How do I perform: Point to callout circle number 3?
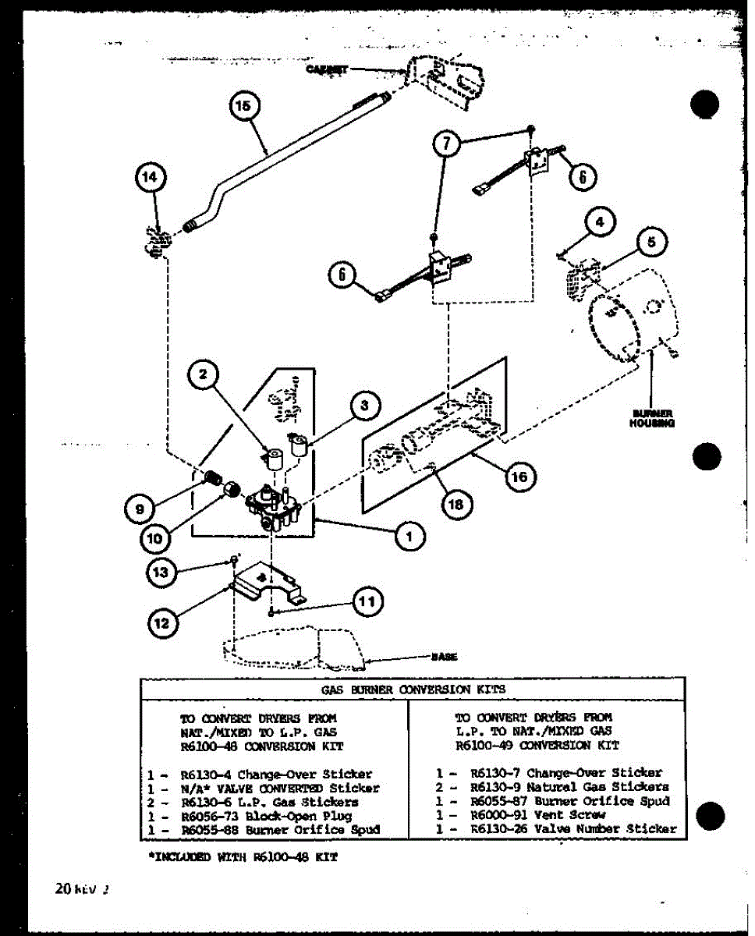(363, 405)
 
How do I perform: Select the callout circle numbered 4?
(598, 222)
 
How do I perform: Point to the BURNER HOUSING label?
(652, 418)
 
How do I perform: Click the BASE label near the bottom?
(444, 657)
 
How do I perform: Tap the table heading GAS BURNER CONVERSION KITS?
(413, 690)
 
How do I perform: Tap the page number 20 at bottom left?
(63, 888)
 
